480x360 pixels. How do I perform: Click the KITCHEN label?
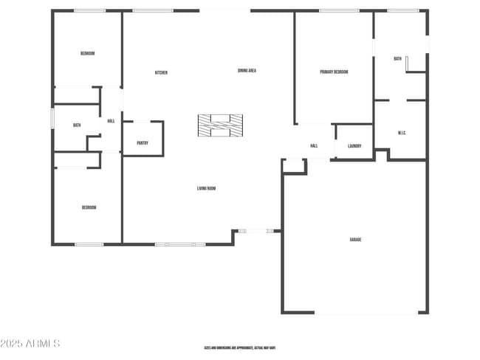pyautogui.click(x=161, y=72)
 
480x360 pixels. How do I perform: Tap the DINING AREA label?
pyautogui.click(x=247, y=71)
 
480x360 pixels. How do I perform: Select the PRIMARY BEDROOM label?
pyautogui.click(x=334, y=72)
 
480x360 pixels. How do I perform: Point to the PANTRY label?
pyautogui.click(x=143, y=143)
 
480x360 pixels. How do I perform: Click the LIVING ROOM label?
pyautogui.click(x=206, y=188)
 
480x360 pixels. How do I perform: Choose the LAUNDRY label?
pyautogui.click(x=354, y=146)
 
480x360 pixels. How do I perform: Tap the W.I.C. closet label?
pyautogui.click(x=402, y=133)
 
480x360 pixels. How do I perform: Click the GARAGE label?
pyautogui.click(x=355, y=239)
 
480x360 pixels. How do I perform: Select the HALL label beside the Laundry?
pyautogui.click(x=314, y=146)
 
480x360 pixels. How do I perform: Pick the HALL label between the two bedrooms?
pyautogui.click(x=111, y=121)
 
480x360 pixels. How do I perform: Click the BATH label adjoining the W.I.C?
pyautogui.click(x=397, y=58)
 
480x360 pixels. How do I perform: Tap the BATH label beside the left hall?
pyautogui.click(x=77, y=125)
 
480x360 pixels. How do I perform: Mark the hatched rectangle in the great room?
pyautogui.click(x=220, y=125)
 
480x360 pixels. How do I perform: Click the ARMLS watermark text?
pyautogui.click(x=30, y=344)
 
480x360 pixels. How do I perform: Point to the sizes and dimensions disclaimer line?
pyautogui.click(x=240, y=347)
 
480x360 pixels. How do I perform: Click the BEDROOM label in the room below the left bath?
pyautogui.click(x=89, y=207)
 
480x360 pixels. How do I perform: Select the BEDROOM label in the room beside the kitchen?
pyautogui.click(x=87, y=53)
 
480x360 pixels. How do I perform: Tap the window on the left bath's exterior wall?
pyautogui.click(x=52, y=118)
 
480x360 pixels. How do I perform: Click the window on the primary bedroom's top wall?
pyautogui.click(x=339, y=10)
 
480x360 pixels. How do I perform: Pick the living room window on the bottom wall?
pyautogui.click(x=179, y=244)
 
